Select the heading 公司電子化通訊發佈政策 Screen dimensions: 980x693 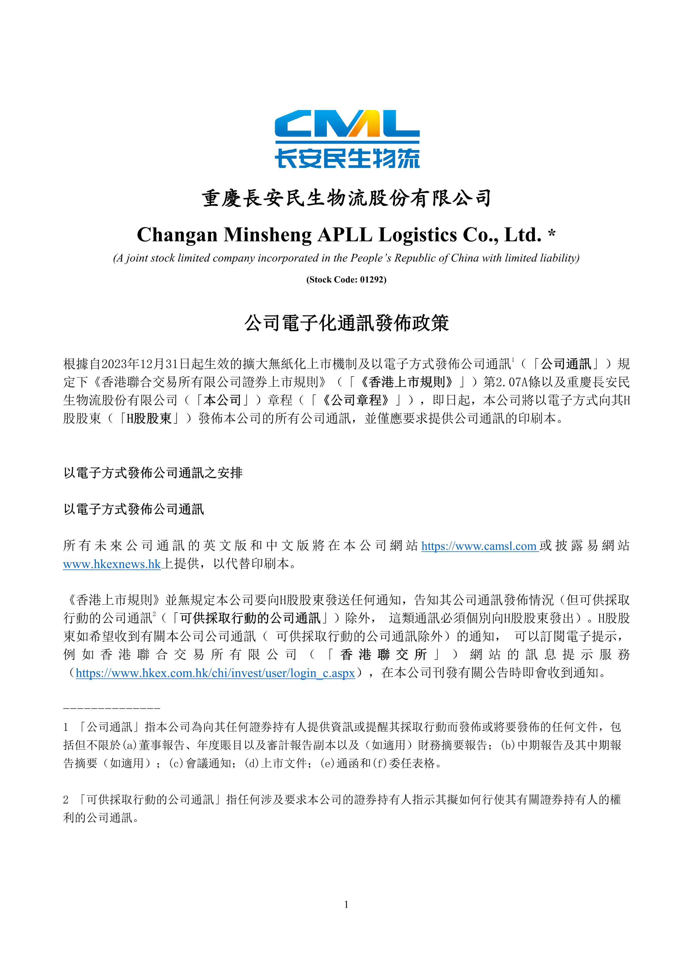[x=346, y=323]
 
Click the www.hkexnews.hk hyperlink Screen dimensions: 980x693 [x=112, y=564]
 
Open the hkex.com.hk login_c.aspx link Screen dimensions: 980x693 [x=215, y=673]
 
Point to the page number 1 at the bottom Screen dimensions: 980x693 [x=346, y=905]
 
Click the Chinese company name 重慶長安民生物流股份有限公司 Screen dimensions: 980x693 [x=346, y=198]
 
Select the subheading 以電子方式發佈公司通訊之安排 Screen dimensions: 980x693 [x=153, y=473]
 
